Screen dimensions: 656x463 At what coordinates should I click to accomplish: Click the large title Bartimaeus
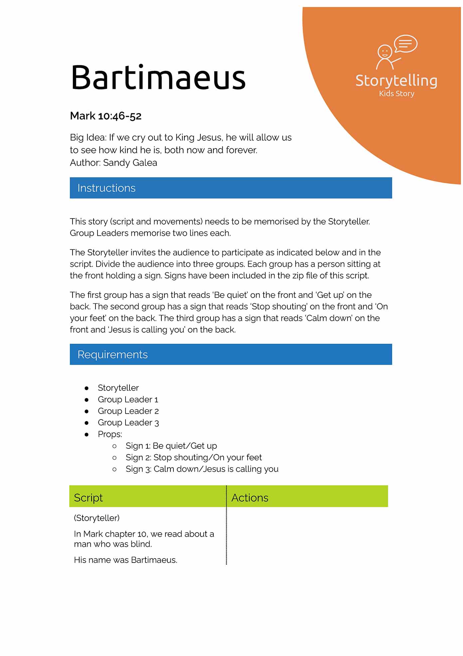click(x=158, y=78)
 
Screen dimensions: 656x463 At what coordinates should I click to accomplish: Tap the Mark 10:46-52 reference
click(x=106, y=116)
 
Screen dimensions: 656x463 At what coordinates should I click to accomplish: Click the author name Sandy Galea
click(x=130, y=163)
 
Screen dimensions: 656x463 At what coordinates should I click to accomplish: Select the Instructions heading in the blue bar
click(x=107, y=188)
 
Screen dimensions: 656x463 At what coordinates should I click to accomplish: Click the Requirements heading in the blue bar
click(x=113, y=355)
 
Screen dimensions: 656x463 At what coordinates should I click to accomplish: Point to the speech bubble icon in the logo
click(x=405, y=44)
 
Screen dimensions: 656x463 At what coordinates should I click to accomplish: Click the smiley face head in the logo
click(x=385, y=52)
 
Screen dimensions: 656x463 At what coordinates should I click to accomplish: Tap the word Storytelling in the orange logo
click(x=396, y=81)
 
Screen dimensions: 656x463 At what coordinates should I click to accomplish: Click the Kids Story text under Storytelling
click(x=396, y=94)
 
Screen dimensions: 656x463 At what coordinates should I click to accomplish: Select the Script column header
click(x=88, y=498)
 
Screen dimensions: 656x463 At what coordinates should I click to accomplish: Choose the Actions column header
click(x=250, y=498)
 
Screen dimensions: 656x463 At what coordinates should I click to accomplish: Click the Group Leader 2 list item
click(x=128, y=411)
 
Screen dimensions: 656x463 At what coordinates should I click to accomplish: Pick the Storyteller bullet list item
click(x=118, y=388)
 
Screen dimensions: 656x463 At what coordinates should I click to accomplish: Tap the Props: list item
click(x=110, y=434)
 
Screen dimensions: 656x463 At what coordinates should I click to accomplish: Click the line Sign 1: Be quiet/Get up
click(x=171, y=446)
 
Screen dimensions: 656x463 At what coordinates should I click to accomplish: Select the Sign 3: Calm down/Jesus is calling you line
click(x=202, y=469)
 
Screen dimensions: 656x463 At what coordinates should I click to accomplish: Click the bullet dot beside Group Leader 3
click(x=87, y=423)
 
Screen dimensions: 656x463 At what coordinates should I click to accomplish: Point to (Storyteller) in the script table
click(x=97, y=518)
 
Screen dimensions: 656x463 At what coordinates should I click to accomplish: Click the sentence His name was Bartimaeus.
click(x=125, y=560)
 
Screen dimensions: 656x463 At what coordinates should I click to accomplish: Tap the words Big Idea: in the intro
click(x=88, y=137)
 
